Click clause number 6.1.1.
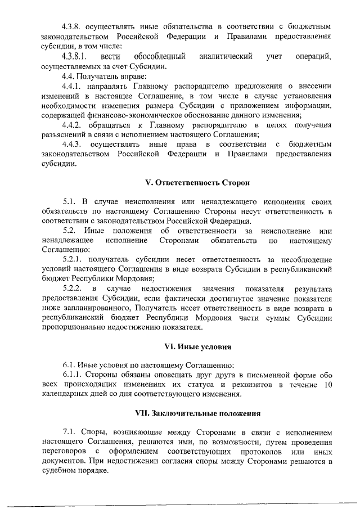tap(73, 374)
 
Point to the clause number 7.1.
tap(69, 431)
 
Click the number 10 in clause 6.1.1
tap(328, 384)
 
